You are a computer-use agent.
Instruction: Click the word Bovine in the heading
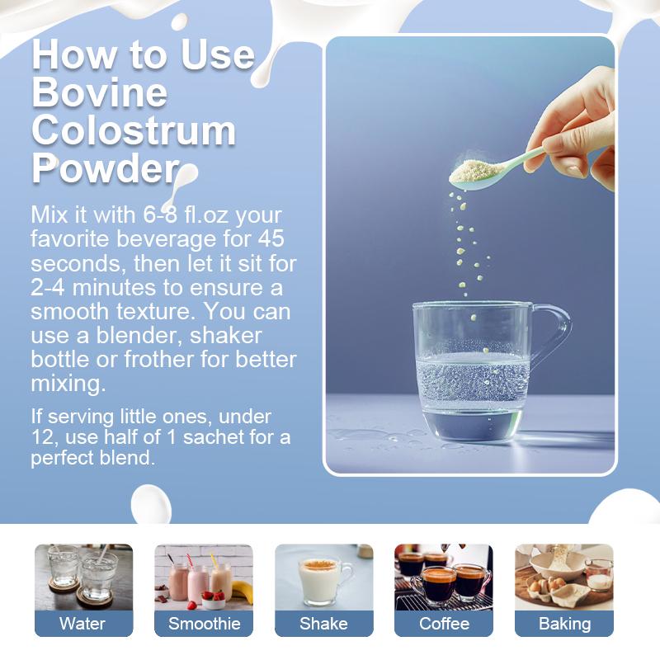click(99, 92)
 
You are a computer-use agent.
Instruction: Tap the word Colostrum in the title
click(134, 130)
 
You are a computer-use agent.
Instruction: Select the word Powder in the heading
click(106, 168)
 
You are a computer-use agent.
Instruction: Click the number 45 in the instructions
click(271, 238)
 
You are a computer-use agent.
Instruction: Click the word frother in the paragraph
click(158, 360)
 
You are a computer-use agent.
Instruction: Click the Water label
click(82, 624)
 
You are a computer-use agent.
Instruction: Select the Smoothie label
click(204, 624)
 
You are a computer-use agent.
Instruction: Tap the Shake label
click(323, 624)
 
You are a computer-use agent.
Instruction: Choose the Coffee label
click(444, 624)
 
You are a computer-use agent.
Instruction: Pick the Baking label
click(564, 625)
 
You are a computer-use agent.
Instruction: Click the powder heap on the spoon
click(476, 169)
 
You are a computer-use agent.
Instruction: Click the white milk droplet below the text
click(151, 505)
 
